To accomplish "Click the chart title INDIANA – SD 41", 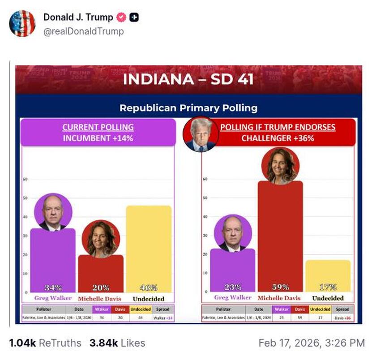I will pos(188,79).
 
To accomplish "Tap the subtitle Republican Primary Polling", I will pos(188,107).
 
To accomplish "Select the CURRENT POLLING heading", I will pos(98,127).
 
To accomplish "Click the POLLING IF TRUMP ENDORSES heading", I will pos(278,127).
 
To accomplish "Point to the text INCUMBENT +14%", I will pos(98,138).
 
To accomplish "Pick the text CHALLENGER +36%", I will pos(278,138).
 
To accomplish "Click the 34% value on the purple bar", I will pos(53,287).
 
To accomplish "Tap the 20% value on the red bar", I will pos(101,287).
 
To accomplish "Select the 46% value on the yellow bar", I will pos(149,287).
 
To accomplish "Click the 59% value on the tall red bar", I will pos(280,287).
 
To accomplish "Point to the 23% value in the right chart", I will pos(233,287).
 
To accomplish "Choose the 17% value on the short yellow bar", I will pos(328,287).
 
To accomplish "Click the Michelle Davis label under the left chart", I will pos(100,299).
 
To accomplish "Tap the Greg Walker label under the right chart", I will pos(233,298).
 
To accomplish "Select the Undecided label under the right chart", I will pos(328,298).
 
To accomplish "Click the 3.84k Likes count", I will pos(117,343).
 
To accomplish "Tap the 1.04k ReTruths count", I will pos(45,343).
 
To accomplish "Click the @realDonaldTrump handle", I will pos(83,31).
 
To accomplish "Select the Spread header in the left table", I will pos(163,309).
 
